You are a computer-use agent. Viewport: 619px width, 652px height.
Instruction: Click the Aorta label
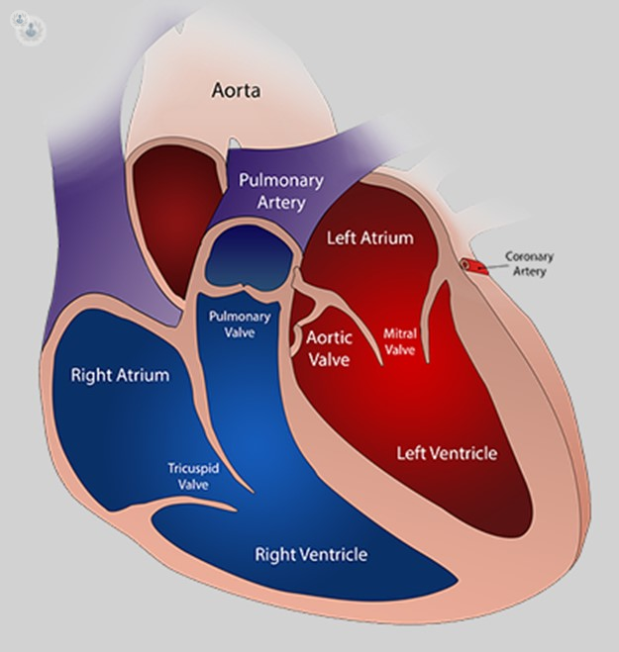click(x=236, y=90)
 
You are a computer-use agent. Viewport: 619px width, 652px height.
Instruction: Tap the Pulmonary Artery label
click(x=281, y=191)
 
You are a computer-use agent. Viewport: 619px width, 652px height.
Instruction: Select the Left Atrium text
click(x=370, y=237)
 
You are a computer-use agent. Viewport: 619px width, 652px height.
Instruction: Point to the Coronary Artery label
click(x=529, y=263)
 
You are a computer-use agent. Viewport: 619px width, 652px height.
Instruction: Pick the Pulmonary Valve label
click(x=240, y=324)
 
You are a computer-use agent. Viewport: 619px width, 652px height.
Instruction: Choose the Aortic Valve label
click(x=329, y=348)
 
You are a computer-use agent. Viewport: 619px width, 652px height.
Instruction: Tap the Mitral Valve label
click(x=399, y=341)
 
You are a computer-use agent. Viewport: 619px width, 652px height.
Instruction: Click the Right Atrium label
click(x=120, y=375)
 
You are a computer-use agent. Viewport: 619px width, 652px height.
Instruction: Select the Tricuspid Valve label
click(x=193, y=476)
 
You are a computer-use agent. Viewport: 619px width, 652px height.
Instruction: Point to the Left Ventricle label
click(x=447, y=453)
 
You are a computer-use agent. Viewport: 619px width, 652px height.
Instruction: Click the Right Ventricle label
click(x=311, y=554)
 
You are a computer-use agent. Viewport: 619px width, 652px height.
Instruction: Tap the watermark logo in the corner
click(x=27, y=25)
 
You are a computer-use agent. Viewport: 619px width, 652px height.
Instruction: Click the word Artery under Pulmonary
click(x=281, y=203)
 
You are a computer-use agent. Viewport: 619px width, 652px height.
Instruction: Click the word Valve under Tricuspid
click(x=193, y=485)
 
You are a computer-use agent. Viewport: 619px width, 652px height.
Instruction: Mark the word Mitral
click(x=399, y=333)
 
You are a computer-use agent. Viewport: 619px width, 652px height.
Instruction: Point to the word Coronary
click(x=529, y=256)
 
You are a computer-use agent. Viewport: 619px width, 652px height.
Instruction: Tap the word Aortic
click(x=329, y=337)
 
